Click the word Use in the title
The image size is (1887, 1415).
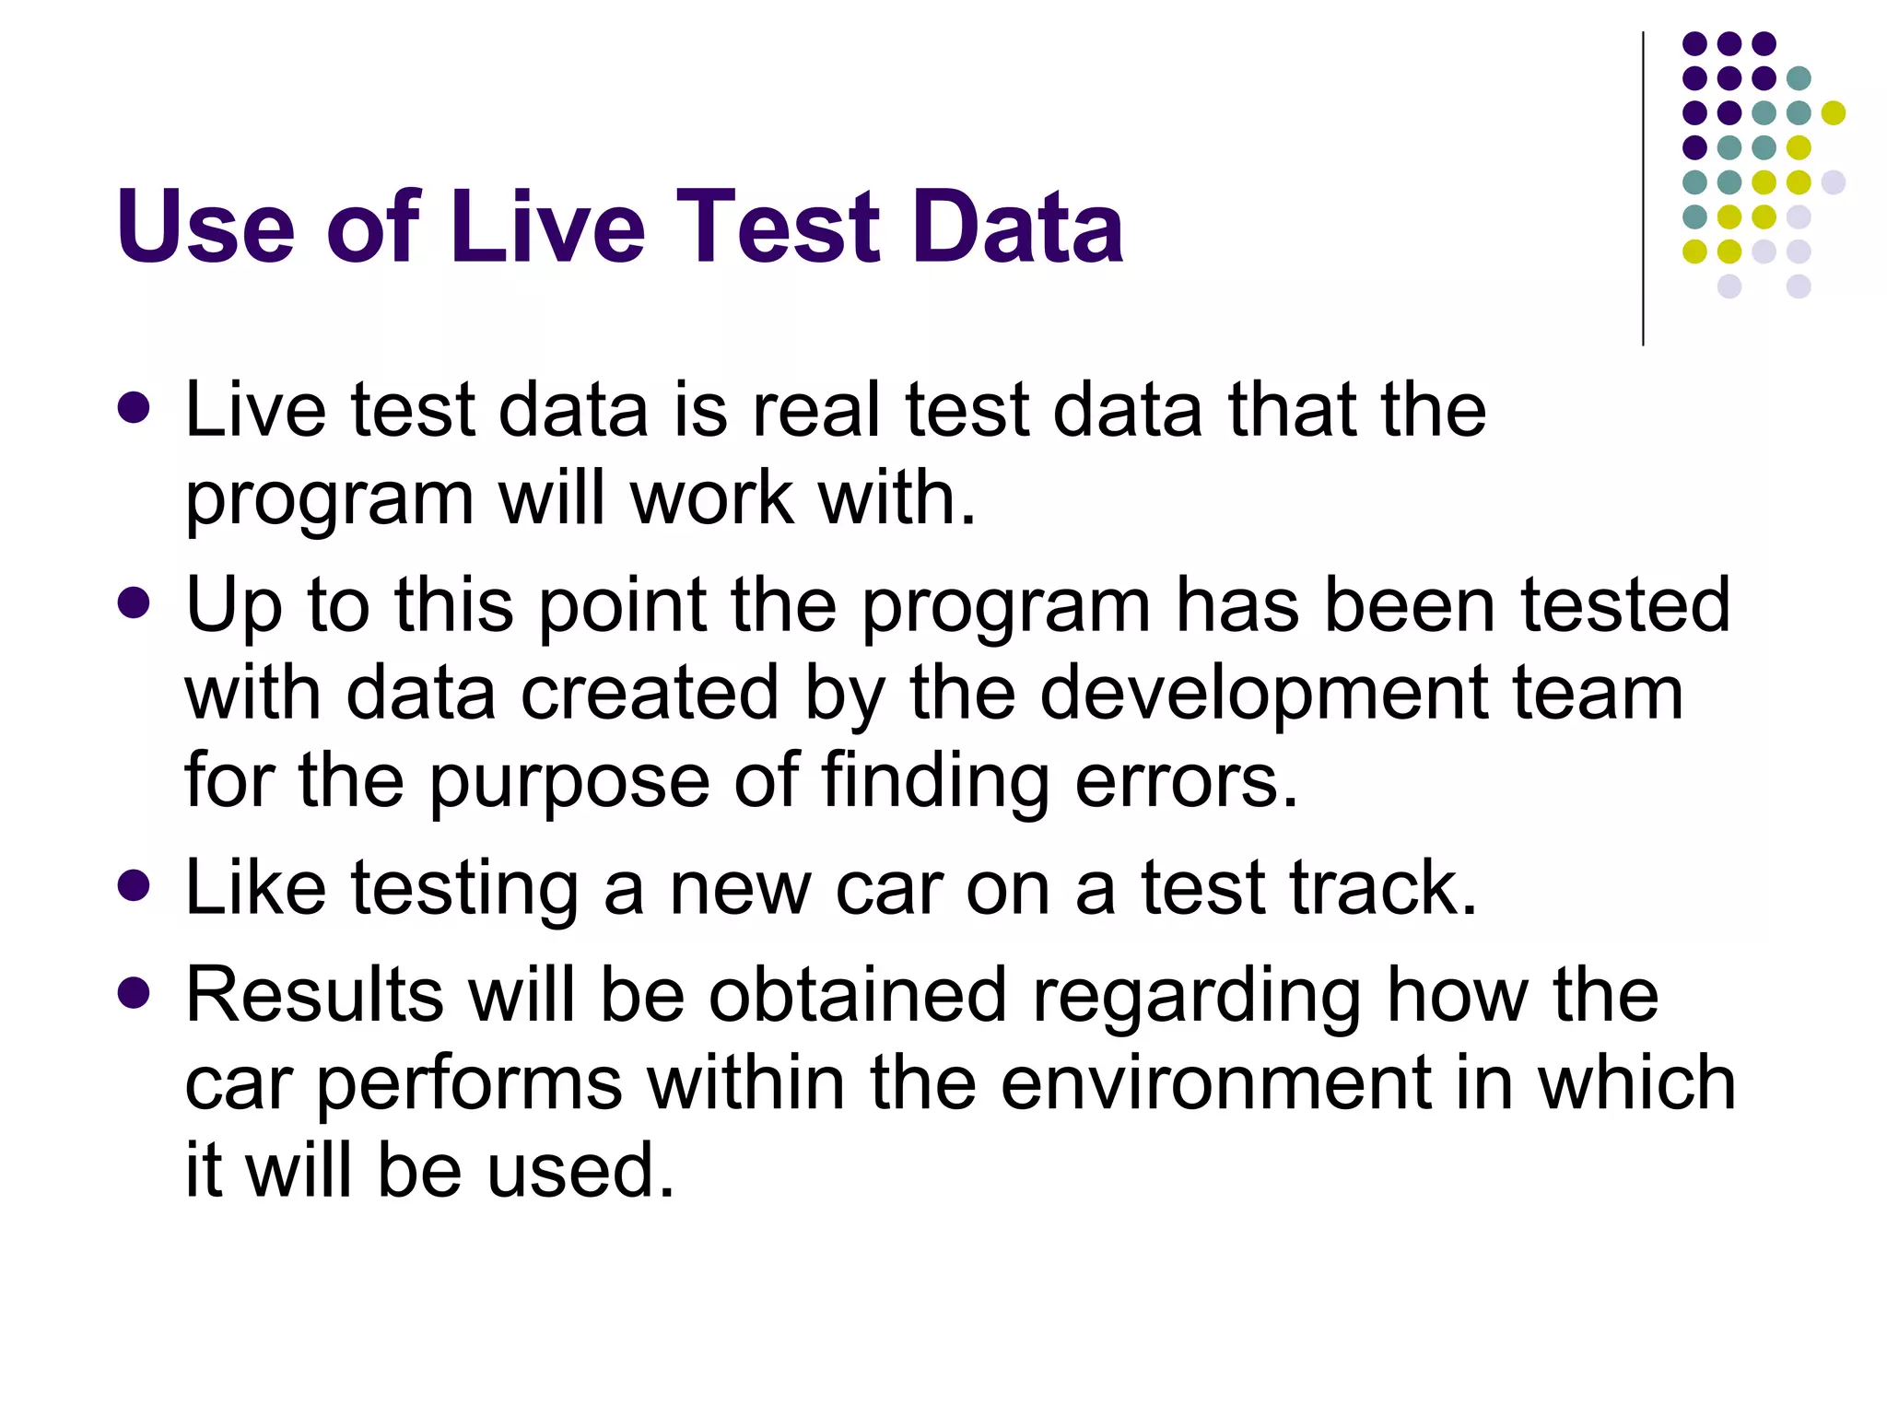205,227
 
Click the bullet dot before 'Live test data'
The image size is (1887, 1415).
135,408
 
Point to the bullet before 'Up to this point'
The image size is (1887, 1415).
135,604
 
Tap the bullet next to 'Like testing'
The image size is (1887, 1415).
135,886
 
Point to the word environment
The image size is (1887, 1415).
1215,1083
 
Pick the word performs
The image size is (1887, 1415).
469,1085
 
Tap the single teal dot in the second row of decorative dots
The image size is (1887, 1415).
1799,78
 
